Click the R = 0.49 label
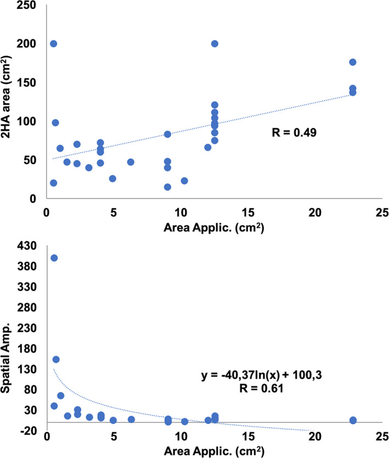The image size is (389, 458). pyautogui.click(x=294, y=132)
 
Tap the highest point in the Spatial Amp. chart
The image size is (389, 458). pyautogui.click(x=54, y=258)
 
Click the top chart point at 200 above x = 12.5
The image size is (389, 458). pyautogui.click(x=215, y=43)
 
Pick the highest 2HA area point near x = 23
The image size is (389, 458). pyautogui.click(x=353, y=62)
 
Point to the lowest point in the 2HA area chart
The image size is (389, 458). pyautogui.click(x=167, y=187)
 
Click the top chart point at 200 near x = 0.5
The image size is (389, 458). pyautogui.click(x=53, y=43)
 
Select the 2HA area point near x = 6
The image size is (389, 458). pyautogui.click(x=131, y=162)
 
